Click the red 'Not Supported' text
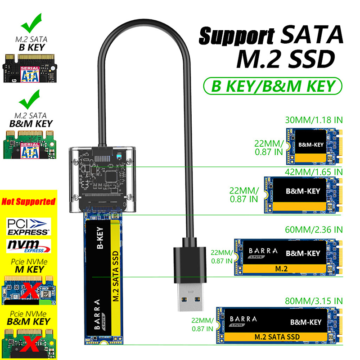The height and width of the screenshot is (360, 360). tap(28, 202)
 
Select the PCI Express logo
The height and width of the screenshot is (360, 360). tap(28, 227)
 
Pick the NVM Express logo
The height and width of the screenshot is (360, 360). tap(28, 246)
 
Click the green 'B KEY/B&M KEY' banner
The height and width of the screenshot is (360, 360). tap(273, 86)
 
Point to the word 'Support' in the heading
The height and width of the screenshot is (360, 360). tap(237, 36)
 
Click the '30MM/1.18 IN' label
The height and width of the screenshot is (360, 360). tap(314, 120)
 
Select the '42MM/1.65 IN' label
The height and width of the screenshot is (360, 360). tap(314, 172)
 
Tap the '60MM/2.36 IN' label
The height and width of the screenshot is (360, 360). tap(314, 229)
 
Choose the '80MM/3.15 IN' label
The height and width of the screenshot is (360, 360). tap(314, 301)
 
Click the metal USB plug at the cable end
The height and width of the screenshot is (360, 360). tap(190, 297)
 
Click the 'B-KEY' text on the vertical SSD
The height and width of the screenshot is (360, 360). tap(100, 238)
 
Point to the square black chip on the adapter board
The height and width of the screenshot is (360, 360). tap(111, 176)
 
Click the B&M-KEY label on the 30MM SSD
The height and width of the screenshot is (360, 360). tap(311, 144)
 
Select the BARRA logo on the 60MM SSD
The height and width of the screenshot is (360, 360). tap(262, 253)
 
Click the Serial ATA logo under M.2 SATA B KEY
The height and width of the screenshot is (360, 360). tap(30, 74)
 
